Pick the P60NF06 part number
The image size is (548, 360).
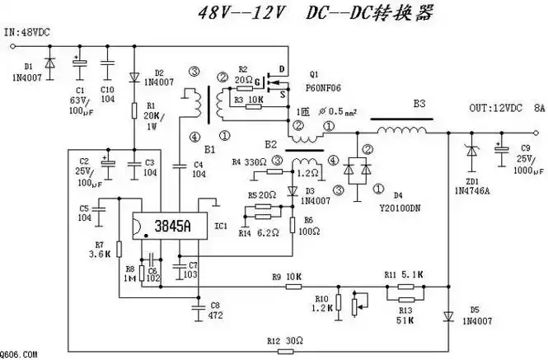tap(326, 85)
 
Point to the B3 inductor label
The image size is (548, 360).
tap(419, 105)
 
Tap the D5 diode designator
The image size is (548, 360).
tap(474, 311)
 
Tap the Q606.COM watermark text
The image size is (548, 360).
tap(19, 354)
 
